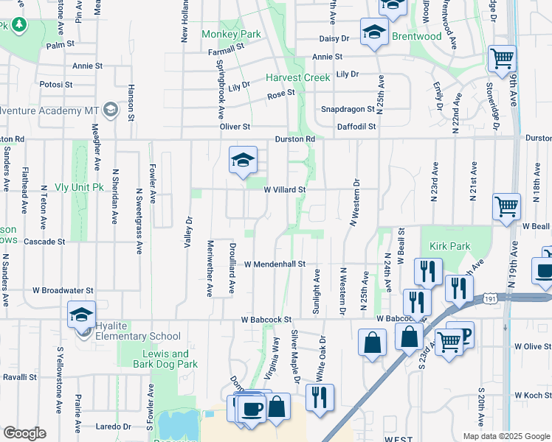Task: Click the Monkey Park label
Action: tap(232, 34)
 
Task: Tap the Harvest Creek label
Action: tap(298, 78)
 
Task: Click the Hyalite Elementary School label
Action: tap(134, 337)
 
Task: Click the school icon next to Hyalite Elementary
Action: tap(82, 316)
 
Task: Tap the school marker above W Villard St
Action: tap(243, 160)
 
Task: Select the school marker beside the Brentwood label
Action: tap(375, 32)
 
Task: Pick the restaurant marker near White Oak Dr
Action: tap(320, 398)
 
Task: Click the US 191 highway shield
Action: tap(491, 298)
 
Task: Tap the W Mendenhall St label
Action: tap(275, 264)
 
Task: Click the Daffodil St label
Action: tap(356, 127)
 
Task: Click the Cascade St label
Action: tap(44, 242)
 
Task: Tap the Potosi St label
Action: tap(57, 85)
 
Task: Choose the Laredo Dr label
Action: tap(113, 426)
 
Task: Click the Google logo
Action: tap(24, 433)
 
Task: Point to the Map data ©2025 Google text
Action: tap(506, 436)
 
